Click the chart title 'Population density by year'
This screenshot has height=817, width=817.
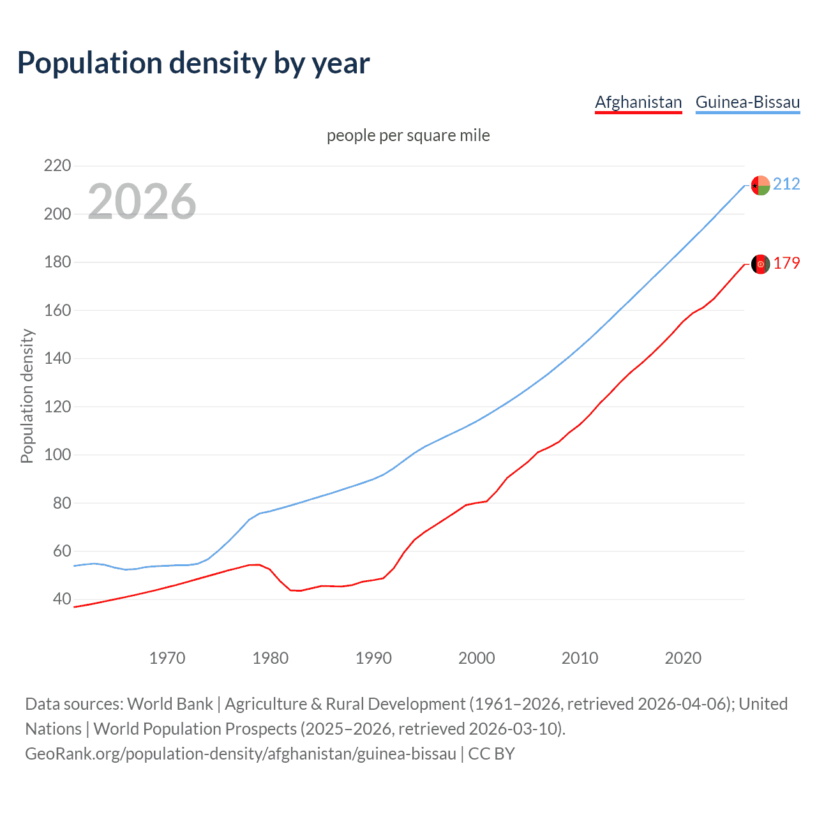(x=193, y=63)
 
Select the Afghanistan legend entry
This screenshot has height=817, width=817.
(x=638, y=102)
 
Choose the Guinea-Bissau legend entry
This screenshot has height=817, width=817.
(x=747, y=102)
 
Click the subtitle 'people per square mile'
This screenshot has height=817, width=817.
(x=408, y=135)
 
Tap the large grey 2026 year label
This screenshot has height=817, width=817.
(x=142, y=202)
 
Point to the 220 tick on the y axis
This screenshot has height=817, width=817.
(x=57, y=166)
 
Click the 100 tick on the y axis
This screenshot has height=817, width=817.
(x=57, y=455)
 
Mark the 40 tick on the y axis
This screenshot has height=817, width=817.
(x=62, y=599)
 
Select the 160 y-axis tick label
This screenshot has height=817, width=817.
(x=57, y=310)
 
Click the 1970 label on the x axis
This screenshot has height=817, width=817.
(x=167, y=658)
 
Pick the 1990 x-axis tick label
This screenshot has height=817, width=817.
(x=373, y=658)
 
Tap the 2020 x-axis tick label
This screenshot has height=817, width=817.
(x=683, y=658)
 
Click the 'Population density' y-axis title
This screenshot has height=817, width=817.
(x=27, y=396)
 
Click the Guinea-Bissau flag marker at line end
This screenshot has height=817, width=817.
(x=760, y=185)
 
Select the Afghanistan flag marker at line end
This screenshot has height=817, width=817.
(x=760, y=264)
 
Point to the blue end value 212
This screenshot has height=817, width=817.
(x=786, y=184)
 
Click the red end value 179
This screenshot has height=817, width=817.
(x=786, y=264)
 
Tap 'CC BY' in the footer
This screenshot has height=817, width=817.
(x=491, y=754)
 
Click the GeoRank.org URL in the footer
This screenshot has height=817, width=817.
(x=241, y=754)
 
